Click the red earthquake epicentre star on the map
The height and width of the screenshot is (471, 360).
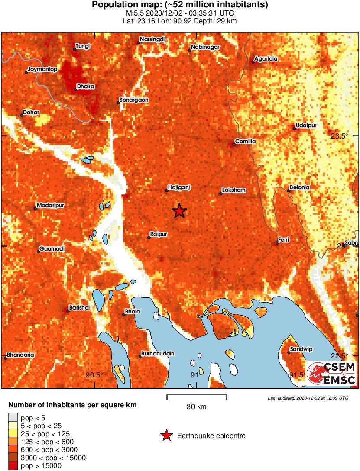click(179, 211)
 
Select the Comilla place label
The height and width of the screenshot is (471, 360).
click(246, 142)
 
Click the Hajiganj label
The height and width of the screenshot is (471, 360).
click(179, 187)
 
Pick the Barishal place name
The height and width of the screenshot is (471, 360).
click(79, 307)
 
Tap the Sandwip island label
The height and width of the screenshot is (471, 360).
click(302, 349)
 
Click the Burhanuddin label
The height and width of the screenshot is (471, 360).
click(158, 354)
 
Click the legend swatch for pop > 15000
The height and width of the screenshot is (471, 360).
click(14, 466)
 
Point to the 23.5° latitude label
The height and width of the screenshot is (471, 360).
click(340, 136)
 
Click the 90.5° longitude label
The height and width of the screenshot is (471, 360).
click(94, 375)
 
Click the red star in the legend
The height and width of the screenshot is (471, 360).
click(166, 436)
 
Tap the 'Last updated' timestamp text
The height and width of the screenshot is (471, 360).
click(308, 398)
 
